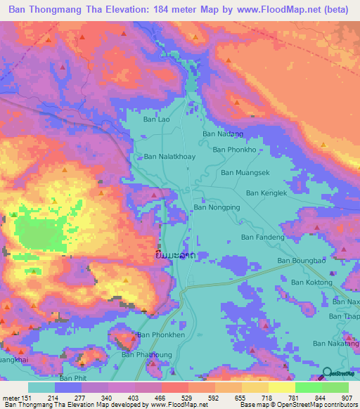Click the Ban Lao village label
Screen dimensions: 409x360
157,119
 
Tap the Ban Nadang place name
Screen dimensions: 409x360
222,133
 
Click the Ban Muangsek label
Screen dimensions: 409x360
245,172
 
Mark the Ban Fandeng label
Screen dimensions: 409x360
262,238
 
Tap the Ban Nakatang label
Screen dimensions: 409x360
335,344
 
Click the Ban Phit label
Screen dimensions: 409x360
72,379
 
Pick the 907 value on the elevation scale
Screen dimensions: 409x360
347,397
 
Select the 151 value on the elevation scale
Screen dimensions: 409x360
26,397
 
